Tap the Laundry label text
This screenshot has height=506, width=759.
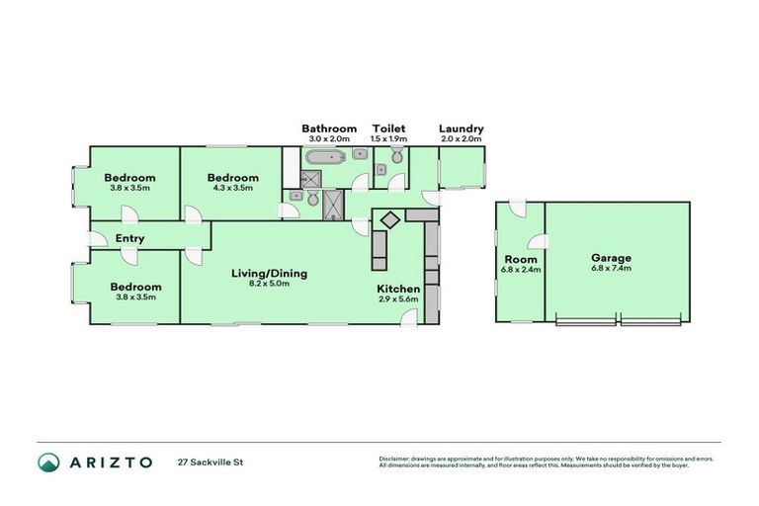(461, 128)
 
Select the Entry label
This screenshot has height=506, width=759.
(130, 238)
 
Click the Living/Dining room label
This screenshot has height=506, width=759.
(270, 274)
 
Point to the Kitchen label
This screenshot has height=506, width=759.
(398, 289)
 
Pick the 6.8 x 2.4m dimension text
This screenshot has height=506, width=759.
(522, 269)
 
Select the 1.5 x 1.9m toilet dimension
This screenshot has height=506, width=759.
(388, 139)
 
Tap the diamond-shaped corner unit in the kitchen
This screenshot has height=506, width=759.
(389, 218)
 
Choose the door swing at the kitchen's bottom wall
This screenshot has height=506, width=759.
(409, 316)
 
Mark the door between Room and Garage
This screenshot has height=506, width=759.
(536, 242)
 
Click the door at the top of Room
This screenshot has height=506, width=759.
(517, 209)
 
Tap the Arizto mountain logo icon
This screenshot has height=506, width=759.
(48, 462)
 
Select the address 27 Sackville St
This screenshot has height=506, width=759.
(210, 462)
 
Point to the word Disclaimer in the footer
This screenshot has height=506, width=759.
(396, 459)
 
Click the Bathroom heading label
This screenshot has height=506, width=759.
(329, 128)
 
